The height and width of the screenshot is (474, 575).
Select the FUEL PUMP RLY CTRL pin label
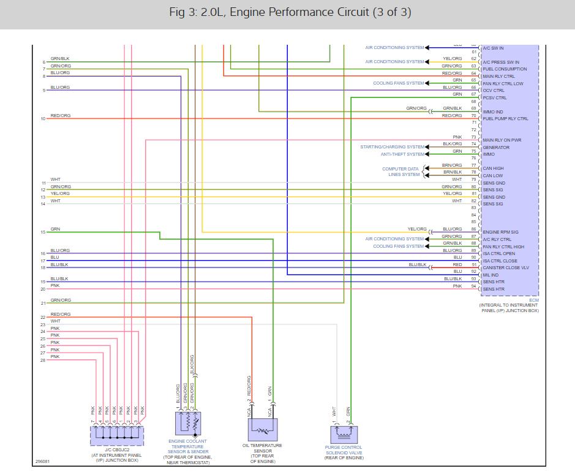pyautogui.click(x=505, y=119)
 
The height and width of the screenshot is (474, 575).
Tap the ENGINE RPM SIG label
pyautogui.click(x=500, y=232)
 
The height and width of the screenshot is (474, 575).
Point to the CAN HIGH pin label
pyautogui.click(x=493, y=169)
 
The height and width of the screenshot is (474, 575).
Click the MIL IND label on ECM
pyautogui.click(x=490, y=275)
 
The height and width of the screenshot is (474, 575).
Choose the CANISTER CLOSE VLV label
pyautogui.click(x=506, y=268)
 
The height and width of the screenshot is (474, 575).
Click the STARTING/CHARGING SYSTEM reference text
pyautogui.click(x=392, y=147)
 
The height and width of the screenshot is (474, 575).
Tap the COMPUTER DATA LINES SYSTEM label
pyautogui.click(x=401, y=172)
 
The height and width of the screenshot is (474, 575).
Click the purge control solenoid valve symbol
pyautogui.click(x=343, y=435)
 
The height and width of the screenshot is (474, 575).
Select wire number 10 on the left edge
pyautogui.click(x=43, y=118)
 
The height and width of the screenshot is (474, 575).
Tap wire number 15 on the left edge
pyautogui.click(x=43, y=232)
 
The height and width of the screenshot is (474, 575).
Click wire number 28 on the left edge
pyautogui.click(x=43, y=361)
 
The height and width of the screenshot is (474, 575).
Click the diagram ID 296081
pyautogui.click(x=43, y=461)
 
